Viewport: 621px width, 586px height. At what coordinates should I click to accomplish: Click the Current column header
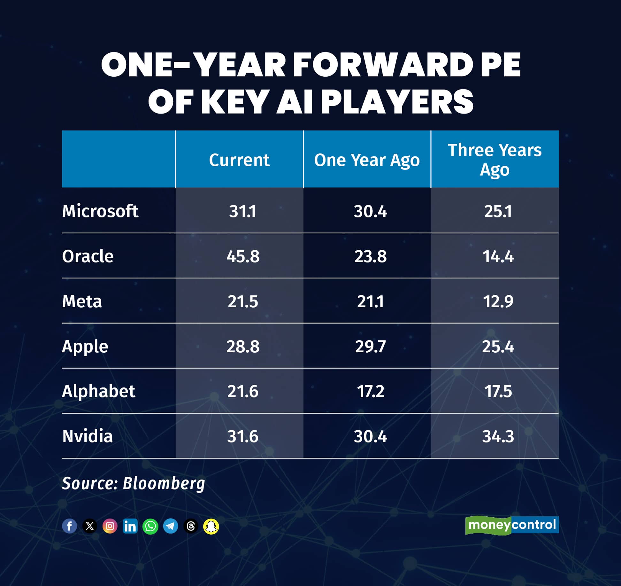pos(239,160)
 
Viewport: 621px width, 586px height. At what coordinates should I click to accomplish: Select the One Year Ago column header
pos(367,160)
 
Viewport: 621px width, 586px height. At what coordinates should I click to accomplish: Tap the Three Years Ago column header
pos(494,160)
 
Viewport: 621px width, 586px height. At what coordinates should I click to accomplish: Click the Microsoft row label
pos(100,211)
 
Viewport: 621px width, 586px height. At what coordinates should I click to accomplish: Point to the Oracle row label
pos(88,256)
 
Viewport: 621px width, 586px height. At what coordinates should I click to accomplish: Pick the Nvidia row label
pos(87,436)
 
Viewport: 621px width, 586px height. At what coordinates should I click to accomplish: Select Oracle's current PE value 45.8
pos(243,256)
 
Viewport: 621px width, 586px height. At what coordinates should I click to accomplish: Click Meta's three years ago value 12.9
pos(498,301)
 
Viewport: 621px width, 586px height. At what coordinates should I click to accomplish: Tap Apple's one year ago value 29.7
pos(370,346)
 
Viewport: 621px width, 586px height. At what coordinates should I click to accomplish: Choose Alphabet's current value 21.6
pos(242,391)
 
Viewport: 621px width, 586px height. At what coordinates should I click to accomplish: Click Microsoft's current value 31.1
pos(242,211)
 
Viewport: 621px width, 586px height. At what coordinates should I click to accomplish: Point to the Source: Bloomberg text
pos(133,483)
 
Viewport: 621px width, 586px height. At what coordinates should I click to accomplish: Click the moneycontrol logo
pos(512,525)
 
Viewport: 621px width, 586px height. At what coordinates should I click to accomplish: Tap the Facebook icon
pos(69,526)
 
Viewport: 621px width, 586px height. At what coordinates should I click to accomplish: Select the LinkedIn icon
pos(130,526)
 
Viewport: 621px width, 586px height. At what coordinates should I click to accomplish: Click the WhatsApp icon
pos(150,526)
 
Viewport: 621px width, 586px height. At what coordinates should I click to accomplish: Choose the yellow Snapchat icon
pos(211,526)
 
